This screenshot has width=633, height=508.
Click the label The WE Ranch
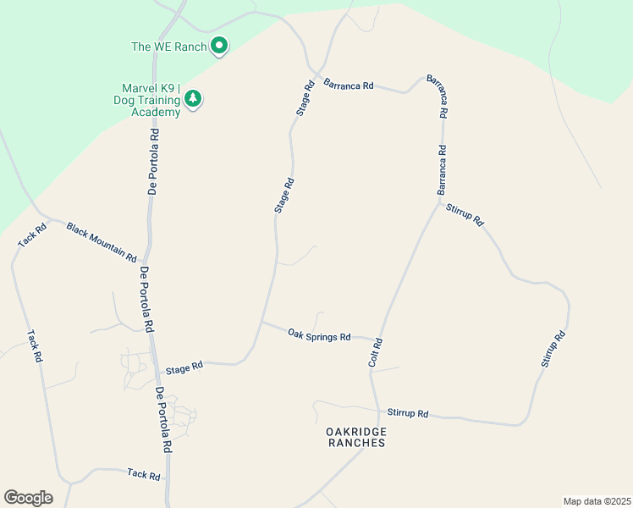point(168,47)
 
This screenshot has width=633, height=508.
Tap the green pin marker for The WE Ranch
point(219,46)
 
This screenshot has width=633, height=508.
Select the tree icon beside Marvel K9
point(194,99)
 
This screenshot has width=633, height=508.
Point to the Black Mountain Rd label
point(102,241)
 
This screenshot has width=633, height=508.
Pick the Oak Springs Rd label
point(319,336)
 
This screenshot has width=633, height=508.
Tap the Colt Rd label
point(377,352)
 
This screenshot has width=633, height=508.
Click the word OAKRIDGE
point(356,432)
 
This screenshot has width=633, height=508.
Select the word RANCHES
point(356,443)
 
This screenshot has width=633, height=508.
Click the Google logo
point(28,498)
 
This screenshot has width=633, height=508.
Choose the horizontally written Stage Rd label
point(184,368)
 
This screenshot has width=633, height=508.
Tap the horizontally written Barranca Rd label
point(349,86)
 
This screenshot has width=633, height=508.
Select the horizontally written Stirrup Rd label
point(408,413)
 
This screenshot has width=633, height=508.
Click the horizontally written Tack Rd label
point(143,475)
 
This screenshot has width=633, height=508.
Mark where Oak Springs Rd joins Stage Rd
point(261,322)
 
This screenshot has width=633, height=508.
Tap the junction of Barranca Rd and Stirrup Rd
point(438,202)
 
